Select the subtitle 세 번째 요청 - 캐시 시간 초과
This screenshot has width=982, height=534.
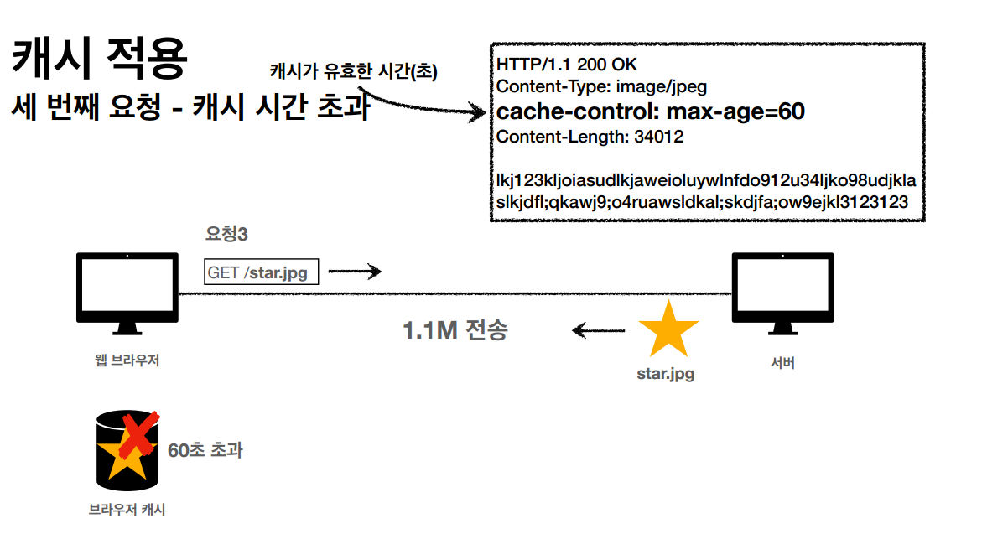[190, 108]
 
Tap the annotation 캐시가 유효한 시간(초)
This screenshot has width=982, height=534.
[353, 72]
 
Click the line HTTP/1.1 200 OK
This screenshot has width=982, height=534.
[565, 65]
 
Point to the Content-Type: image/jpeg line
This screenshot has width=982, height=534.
[601, 86]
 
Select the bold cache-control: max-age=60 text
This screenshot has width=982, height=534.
[650, 111]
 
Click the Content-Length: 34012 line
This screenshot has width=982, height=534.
[590, 137]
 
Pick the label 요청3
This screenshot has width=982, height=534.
[226, 235]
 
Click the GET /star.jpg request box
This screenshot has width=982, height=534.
[262, 272]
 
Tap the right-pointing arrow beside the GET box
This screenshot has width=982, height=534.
[355, 272]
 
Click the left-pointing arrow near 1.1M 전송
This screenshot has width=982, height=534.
[597, 330]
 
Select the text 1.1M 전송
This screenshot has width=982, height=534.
[455, 330]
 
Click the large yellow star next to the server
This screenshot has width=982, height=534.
[668, 329]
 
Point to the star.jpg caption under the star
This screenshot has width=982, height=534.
[666, 374]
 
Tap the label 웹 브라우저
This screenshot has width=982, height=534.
[127, 361]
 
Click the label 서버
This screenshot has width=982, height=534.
[782, 363]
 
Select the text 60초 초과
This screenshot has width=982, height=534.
[205, 450]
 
